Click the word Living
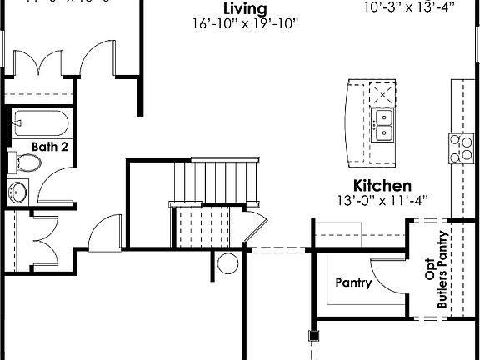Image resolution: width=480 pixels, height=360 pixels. (x=246, y=10)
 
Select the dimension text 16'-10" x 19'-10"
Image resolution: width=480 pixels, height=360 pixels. (x=245, y=25)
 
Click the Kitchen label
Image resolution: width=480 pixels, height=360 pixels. (x=382, y=185)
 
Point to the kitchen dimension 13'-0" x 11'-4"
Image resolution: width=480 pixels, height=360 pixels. (x=382, y=200)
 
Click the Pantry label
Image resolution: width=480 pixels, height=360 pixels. (x=353, y=282)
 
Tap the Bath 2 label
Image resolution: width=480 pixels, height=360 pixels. (x=50, y=146)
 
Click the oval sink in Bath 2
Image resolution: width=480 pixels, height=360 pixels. (x=17, y=192)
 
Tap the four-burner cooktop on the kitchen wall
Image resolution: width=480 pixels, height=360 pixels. (x=459, y=147)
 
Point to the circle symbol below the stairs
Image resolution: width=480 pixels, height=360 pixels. (x=227, y=264)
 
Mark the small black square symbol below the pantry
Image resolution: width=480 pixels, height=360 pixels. (x=314, y=337)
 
